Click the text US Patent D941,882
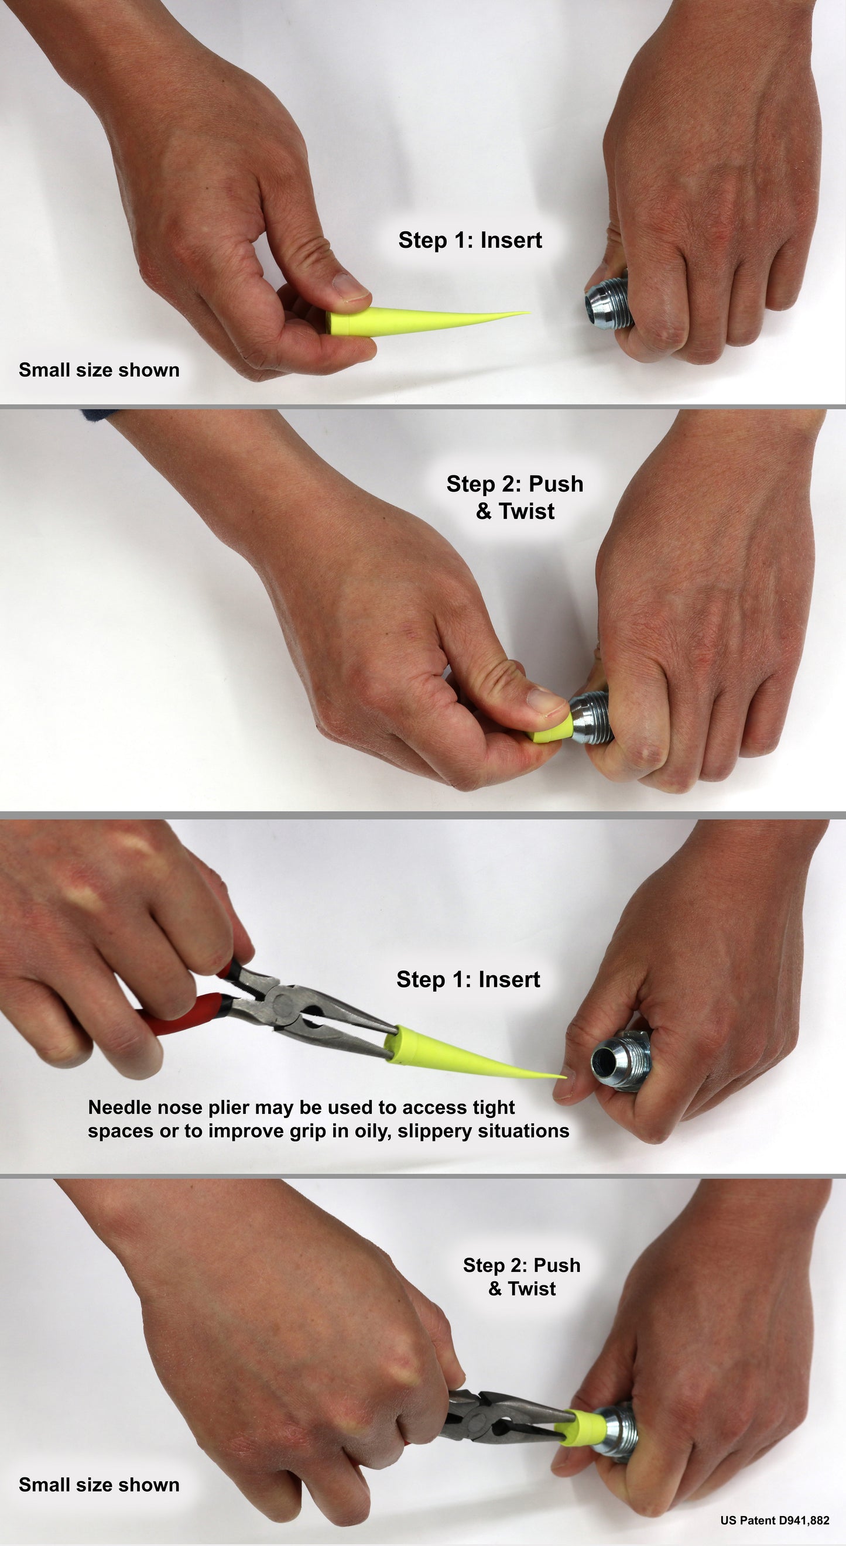[x=775, y=1520]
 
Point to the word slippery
[x=438, y=1131]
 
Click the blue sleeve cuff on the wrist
[x=94, y=415]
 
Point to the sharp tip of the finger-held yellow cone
[x=529, y=312]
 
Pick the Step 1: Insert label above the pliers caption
[x=468, y=980]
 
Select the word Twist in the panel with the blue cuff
[x=526, y=511]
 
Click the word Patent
[x=757, y=1520]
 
